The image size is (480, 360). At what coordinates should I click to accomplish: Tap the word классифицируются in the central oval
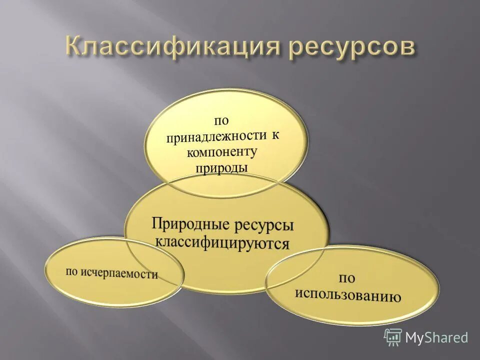pos(222,243)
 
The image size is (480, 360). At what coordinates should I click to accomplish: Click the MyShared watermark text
pos(436,337)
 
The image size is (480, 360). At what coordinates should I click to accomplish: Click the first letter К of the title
pos(73,48)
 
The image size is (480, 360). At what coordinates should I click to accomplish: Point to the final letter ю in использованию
pos(396,298)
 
